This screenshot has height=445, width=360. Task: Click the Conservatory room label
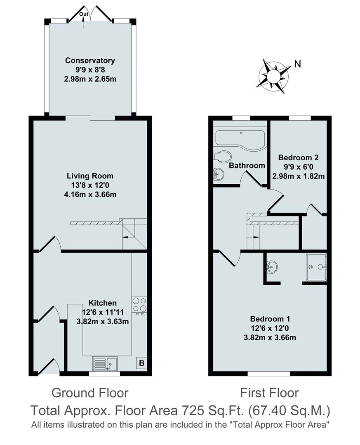pos(90,61)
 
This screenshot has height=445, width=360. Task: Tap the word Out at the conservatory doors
pos(84,14)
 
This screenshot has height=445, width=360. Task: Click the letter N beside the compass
pos(297,64)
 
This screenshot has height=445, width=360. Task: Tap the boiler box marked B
pos(141,363)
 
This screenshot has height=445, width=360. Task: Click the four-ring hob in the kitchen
pos(140,305)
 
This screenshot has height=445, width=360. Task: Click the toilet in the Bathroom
pos(223,157)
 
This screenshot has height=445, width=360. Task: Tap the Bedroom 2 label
pos(299,157)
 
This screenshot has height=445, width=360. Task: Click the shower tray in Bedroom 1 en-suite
pos(316,267)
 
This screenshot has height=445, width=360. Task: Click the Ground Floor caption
pos(90,393)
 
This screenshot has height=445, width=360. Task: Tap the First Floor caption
pos(270,393)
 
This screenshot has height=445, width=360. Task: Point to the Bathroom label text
pos(247,166)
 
